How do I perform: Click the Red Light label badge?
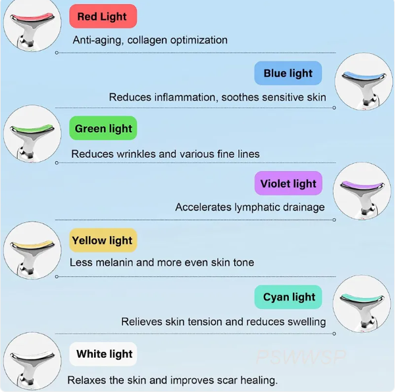point(103,16)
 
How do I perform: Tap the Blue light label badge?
point(288,73)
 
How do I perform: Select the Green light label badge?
point(103,128)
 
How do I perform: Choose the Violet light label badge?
point(288,184)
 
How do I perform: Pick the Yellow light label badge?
point(103,240)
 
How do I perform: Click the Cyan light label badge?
point(289,297)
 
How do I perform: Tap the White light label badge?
point(104,354)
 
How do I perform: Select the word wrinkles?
point(135,154)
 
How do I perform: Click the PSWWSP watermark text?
point(300,358)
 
